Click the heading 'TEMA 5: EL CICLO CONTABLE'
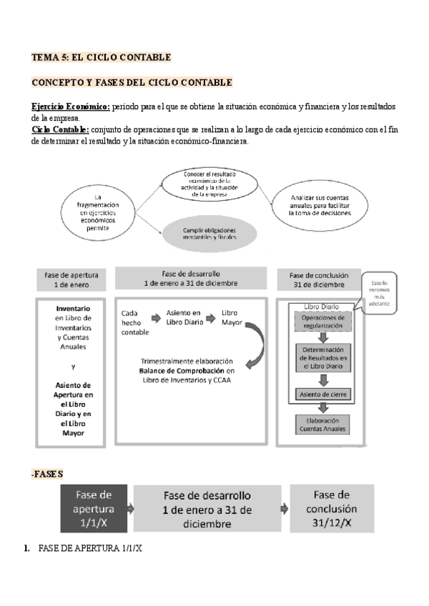[x=101, y=56]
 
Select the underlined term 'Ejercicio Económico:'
[x=71, y=106]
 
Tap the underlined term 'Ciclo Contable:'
[x=61, y=129]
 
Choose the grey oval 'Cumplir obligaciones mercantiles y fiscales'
[x=209, y=232]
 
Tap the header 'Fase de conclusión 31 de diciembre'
[x=320, y=279]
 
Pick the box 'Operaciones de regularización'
[x=323, y=321]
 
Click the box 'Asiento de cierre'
[x=323, y=394]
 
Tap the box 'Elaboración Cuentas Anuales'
[x=323, y=424]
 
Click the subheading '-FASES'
[x=47, y=474]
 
